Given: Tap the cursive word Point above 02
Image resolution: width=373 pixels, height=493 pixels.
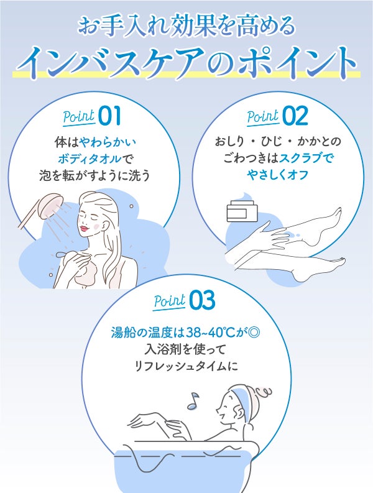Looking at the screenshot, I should click(263, 116).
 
